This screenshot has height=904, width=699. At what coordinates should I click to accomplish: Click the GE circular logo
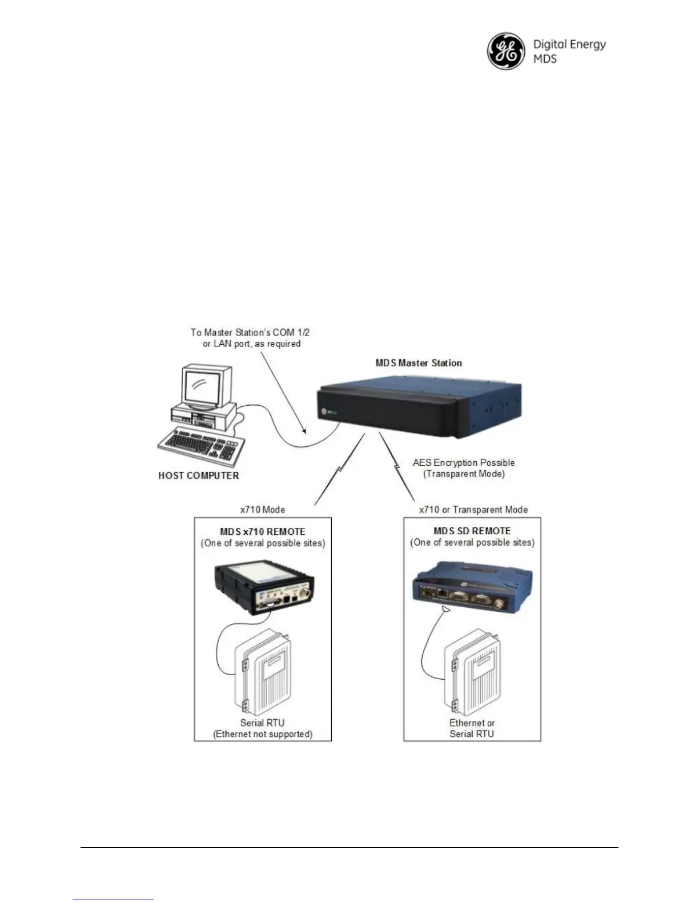(505, 51)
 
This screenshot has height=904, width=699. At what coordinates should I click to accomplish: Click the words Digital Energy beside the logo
(569, 45)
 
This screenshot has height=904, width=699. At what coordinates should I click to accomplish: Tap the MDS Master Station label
(419, 363)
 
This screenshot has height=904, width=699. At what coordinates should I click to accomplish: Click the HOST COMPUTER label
(199, 475)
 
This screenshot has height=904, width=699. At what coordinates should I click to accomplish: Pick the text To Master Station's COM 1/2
(250, 332)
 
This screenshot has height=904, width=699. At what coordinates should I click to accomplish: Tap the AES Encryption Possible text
(464, 463)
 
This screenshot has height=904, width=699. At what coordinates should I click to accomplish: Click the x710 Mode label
(262, 510)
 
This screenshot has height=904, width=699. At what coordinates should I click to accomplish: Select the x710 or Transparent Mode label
(473, 510)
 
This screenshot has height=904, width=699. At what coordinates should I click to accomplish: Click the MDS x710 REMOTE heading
(263, 531)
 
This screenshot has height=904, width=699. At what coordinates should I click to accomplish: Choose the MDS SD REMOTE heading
(472, 531)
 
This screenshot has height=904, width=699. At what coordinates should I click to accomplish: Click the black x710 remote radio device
(264, 588)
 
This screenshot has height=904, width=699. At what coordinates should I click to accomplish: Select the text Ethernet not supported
(263, 734)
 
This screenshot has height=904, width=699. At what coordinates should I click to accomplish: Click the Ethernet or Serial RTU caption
(472, 728)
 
